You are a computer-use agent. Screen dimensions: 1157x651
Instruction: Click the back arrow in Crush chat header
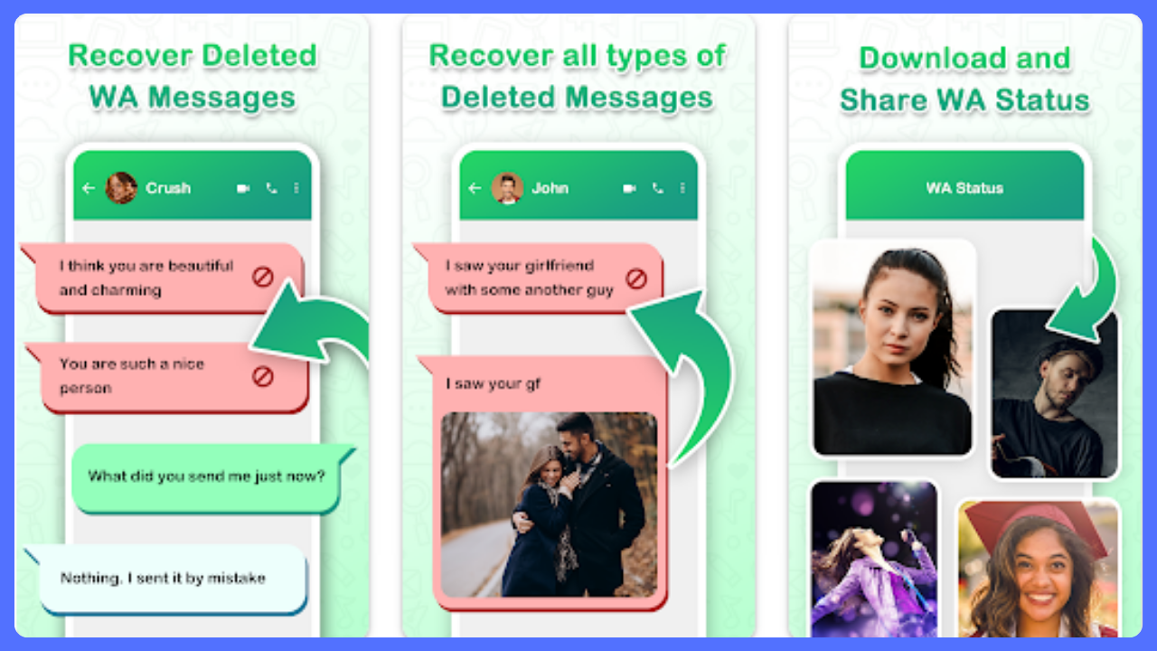coord(89,188)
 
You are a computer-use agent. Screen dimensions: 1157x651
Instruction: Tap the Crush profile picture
coord(121,187)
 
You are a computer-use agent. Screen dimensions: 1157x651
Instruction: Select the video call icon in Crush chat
coord(243,188)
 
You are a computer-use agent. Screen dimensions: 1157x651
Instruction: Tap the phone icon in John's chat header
coord(657,188)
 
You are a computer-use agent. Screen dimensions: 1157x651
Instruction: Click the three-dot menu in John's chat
coord(682,188)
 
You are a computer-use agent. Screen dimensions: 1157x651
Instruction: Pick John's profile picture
coord(507,187)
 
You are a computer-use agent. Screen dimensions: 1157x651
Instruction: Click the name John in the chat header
coord(550,188)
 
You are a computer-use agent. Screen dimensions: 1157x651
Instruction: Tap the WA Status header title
coord(964,188)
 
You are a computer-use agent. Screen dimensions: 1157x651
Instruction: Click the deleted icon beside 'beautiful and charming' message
coord(262,277)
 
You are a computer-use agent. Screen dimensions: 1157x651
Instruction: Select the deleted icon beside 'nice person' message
coord(262,377)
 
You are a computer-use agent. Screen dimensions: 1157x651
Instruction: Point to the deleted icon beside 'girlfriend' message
coord(635,279)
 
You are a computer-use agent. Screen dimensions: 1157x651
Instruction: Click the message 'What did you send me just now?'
coord(207,476)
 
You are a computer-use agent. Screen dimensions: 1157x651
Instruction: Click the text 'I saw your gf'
coord(494,384)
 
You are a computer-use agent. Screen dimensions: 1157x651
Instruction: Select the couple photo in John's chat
coord(549,505)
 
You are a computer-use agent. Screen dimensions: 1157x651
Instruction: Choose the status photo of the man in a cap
coord(1054,393)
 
